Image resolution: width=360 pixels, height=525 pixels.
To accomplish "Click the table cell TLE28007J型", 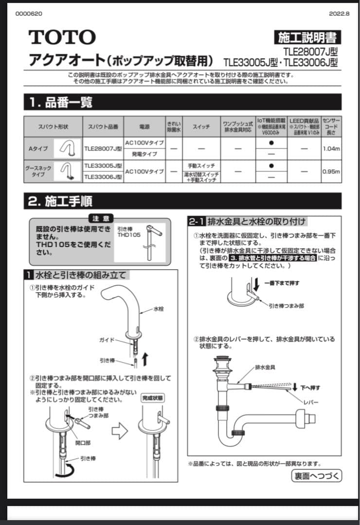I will [103, 148].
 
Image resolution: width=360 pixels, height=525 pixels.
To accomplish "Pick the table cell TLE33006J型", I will [103, 177].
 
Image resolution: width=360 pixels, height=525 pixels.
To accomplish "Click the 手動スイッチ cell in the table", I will [201, 165].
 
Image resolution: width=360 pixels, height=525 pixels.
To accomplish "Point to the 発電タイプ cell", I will [144, 154].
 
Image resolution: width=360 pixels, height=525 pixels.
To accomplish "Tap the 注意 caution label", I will [101, 219].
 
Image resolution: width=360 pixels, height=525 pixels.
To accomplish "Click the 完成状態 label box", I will [153, 397].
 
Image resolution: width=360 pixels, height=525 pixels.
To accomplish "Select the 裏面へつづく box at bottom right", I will [316, 475].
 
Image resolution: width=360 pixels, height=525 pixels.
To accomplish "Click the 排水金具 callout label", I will [265, 367].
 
